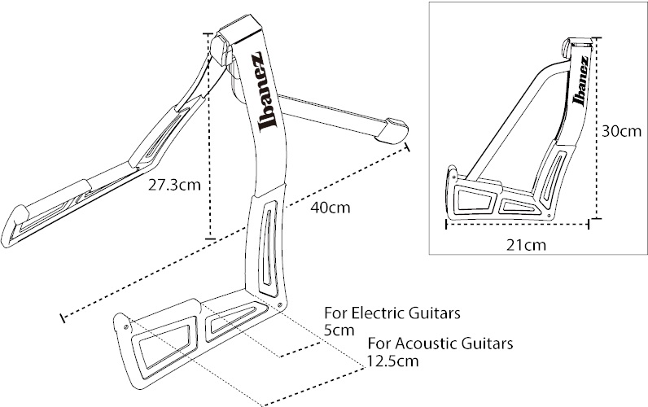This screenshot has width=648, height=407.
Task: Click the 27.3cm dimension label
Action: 173,185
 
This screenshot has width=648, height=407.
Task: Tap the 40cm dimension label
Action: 331,207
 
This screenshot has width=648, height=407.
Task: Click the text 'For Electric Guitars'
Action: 382,313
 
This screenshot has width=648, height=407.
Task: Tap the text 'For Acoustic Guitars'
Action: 440,343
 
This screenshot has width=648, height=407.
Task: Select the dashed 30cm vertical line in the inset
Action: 596,130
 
